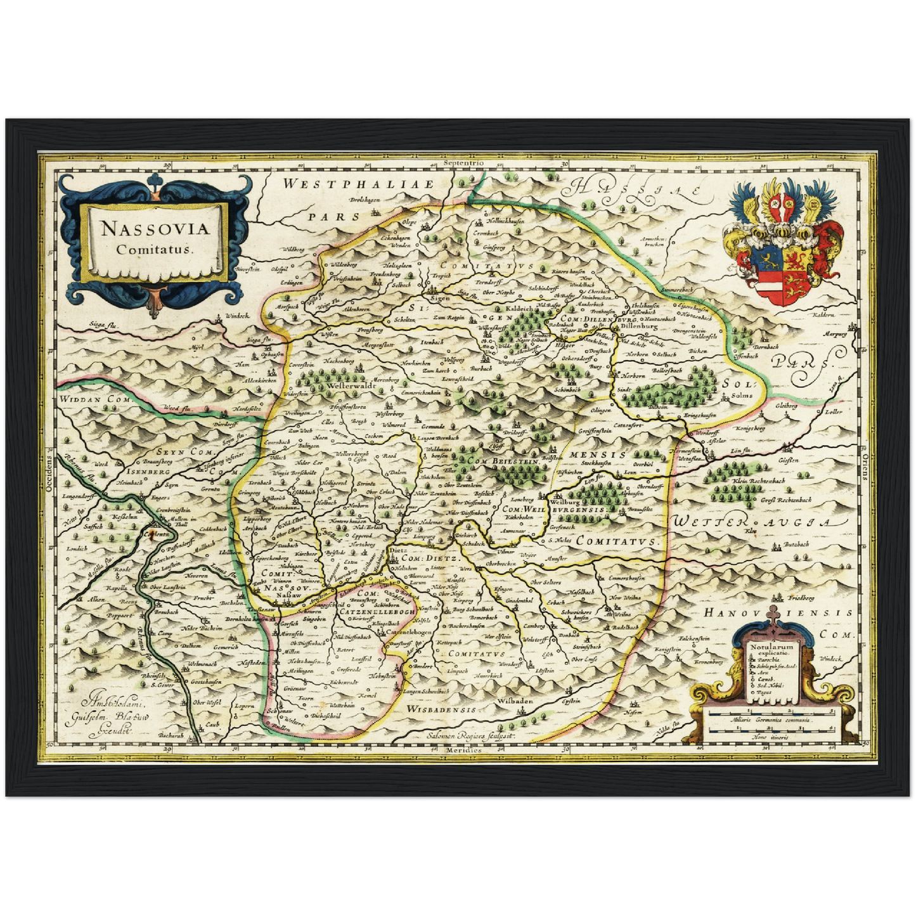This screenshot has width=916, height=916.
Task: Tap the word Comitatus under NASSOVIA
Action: click(155, 248)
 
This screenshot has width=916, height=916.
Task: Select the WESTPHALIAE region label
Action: click(358, 184)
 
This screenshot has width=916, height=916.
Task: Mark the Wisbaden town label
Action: click(514, 702)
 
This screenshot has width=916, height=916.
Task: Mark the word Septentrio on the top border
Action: click(464, 163)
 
